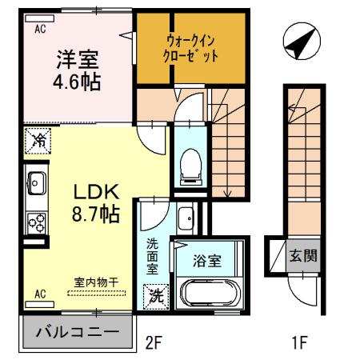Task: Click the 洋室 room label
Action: (x=77, y=59)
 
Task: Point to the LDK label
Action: (x=96, y=192)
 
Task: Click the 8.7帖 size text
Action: (x=96, y=214)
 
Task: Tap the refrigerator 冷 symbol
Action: (x=37, y=140)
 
